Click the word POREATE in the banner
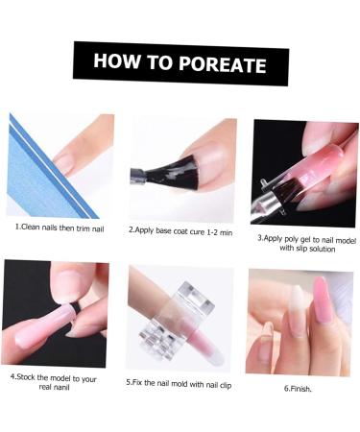[x=220, y=64]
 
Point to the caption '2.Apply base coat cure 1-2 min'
[x=180, y=230]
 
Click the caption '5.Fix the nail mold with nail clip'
[x=180, y=381]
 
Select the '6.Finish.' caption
[x=299, y=387]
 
